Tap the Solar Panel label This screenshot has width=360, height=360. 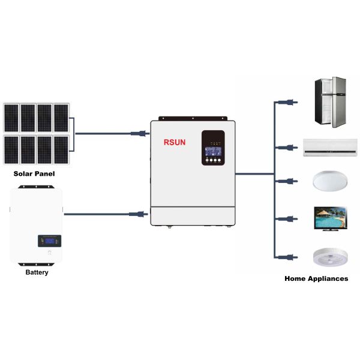(x=34, y=174)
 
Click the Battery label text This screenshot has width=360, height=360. (x=37, y=272)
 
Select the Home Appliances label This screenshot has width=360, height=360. (x=316, y=278)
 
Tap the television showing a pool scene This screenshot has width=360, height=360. (x=331, y=218)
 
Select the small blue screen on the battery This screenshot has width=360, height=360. (x=50, y=241)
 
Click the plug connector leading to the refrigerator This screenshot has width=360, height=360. (x=289, y=103)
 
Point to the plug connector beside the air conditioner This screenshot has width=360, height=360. (x=289, y=146)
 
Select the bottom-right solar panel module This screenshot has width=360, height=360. (x=61, y=149)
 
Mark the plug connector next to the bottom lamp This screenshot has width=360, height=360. (x=289, y=256)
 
